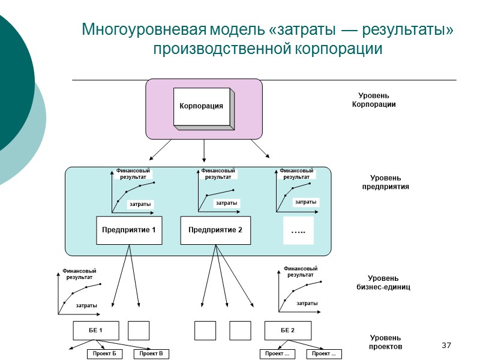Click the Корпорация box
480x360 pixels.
click(x=201, y=107)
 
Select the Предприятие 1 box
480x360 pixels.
click(x=130, y=230)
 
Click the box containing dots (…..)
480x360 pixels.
click(x=298, y=230)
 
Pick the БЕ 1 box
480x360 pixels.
click(x=95, y=331)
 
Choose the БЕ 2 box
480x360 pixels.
click(x=288, y=331)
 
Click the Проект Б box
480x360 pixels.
click(x=105, y=354)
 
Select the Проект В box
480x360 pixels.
click(x=151, y=354)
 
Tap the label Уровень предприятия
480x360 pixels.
click(x=385, y=182)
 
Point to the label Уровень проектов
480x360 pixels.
click(x=386, y=342)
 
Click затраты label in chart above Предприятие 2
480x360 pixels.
click(x=226, y=203)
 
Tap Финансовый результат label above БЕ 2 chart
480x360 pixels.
click(x=300, y=271)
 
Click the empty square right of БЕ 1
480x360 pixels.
click(x=139, y=331)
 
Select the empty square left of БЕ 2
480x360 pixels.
click(x=240, y=331)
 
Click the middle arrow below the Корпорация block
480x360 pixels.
click(x=205, y=150)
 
